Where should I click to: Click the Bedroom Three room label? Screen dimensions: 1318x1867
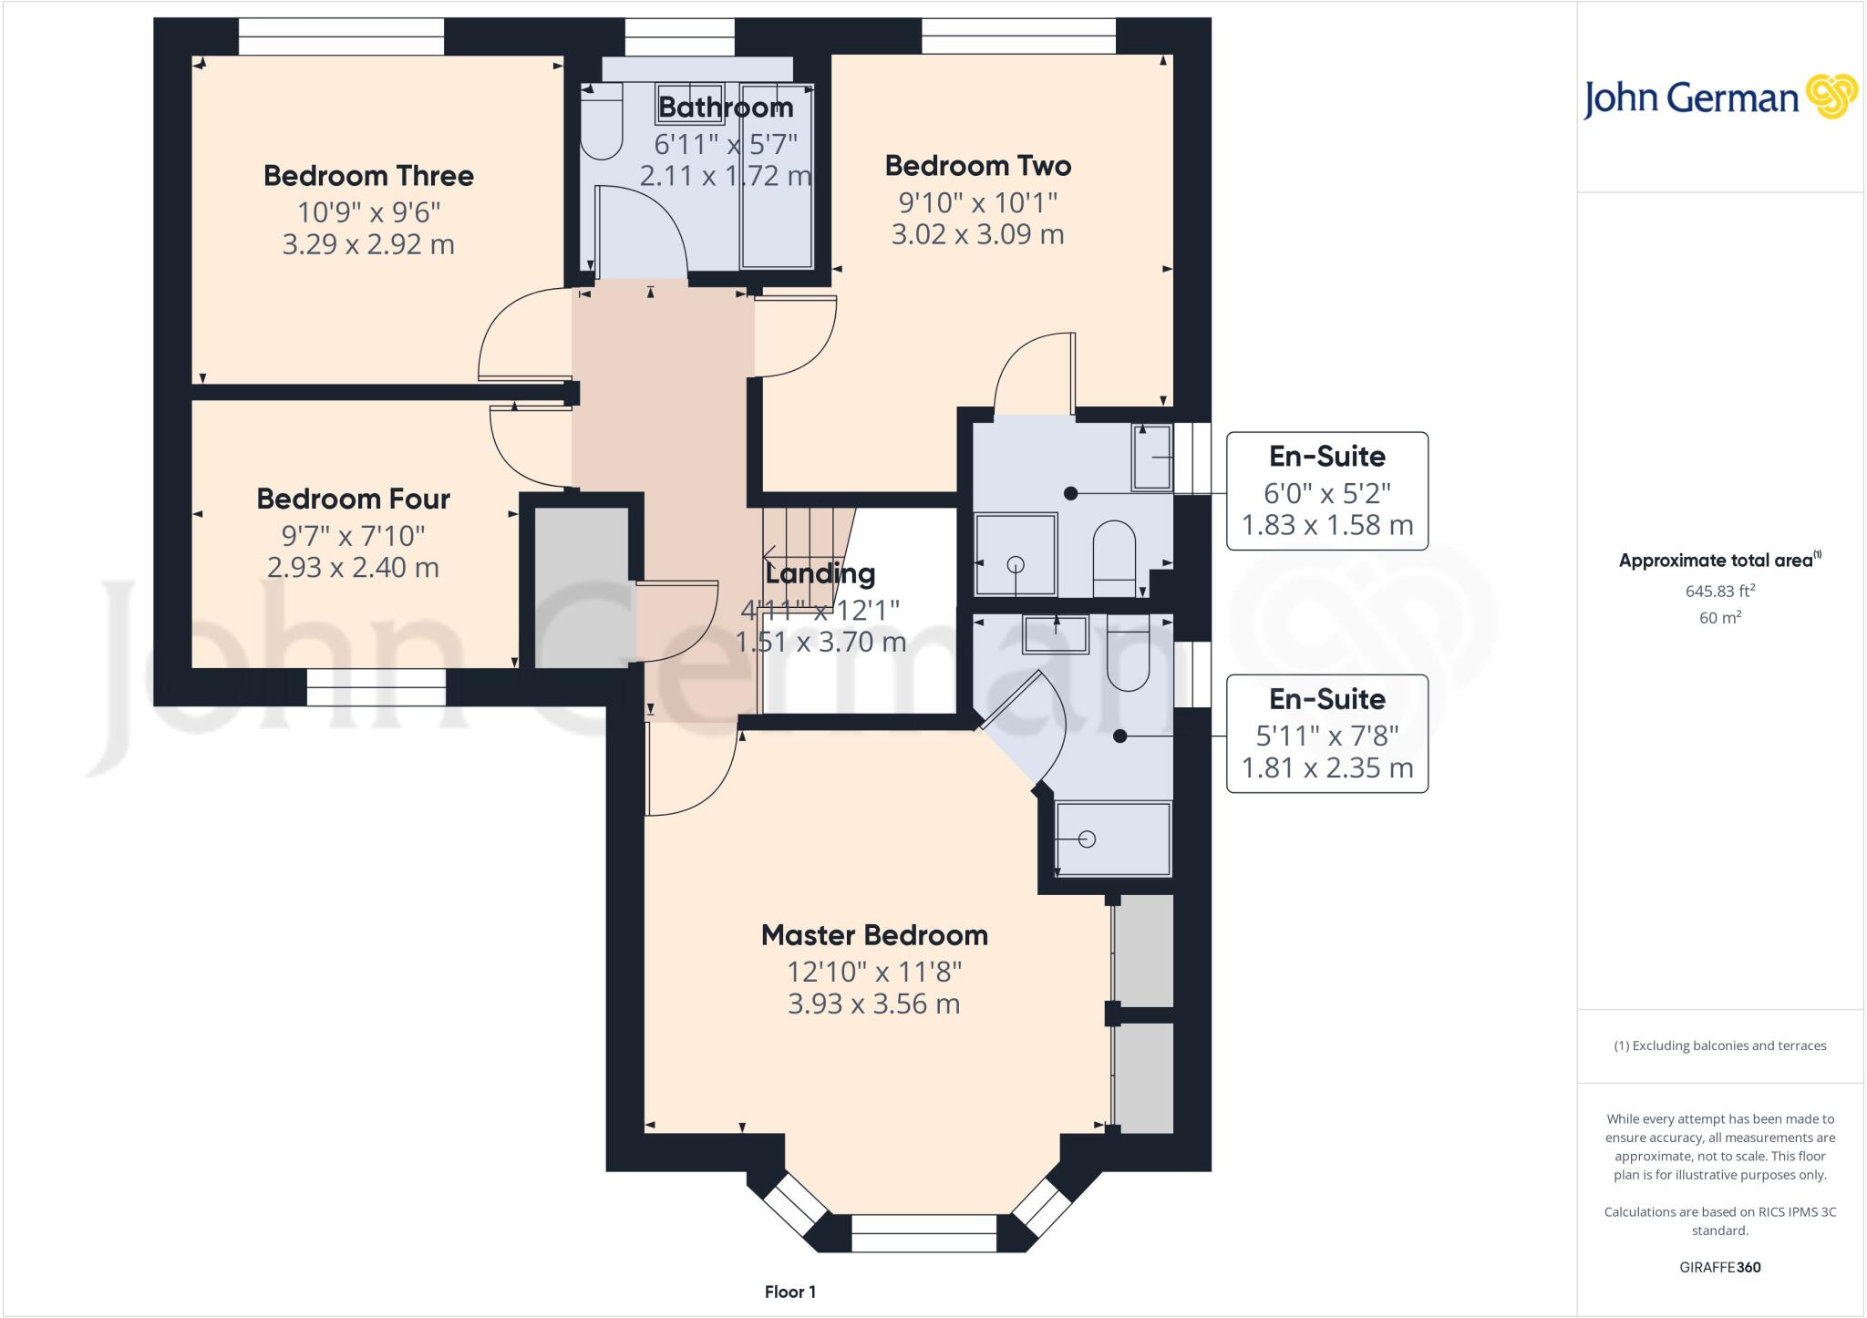click(x=368, y=176)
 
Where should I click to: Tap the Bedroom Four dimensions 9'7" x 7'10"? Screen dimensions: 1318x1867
click(x=354, y=535)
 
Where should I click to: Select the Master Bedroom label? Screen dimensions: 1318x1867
click(x=874, y=935)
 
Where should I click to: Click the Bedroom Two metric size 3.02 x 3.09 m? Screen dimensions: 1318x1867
click(x=977, y=234)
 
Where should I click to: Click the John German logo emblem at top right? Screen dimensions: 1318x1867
click(x=1831, y=97)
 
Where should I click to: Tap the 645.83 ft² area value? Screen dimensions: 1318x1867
click(x=1719, y=591)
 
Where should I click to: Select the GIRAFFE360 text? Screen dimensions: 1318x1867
click(x=1719, y=1267)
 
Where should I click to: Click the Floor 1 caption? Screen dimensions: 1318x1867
click(x=789, y=1292)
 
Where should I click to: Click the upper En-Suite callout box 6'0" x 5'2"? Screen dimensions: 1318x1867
click(x=1326, y=491)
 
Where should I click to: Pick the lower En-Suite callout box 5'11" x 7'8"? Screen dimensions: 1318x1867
click(x=1326, y=734)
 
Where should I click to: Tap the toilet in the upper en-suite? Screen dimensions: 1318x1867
click(x=1113, y=551)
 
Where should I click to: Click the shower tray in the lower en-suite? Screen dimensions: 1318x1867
click(x=1112, y=839)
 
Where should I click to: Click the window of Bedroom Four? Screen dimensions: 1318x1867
click(x=376, y=687)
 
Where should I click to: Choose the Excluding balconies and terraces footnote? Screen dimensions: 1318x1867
click(x=1719, y=1045)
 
